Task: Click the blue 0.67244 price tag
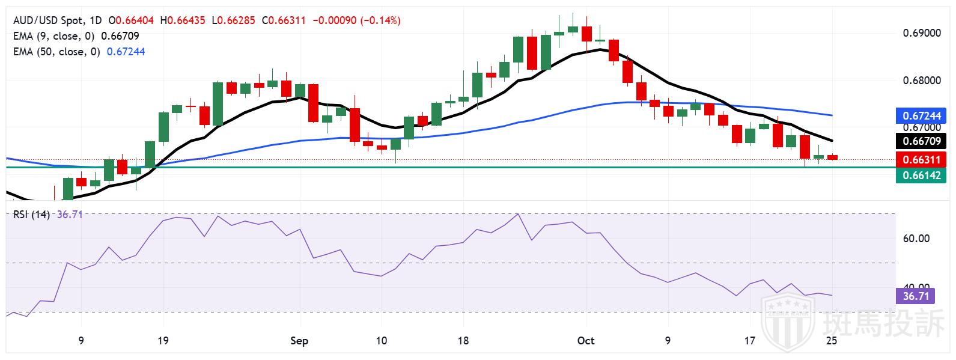921,115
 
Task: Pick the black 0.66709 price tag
921,142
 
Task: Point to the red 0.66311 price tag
921,160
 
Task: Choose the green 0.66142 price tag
921,175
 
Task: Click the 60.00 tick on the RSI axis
917,238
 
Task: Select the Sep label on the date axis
299,341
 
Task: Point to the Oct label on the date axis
585,341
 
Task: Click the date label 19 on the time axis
163,341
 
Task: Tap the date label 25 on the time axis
832,341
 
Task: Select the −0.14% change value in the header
380,20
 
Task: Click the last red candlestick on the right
832,157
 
